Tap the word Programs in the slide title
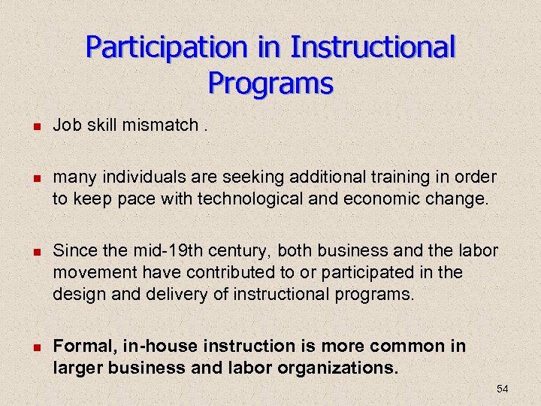(x=270, y=83)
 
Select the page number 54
(x=502, y=389)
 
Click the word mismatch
(x=159, y=125)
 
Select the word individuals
(x=135, y=177)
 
